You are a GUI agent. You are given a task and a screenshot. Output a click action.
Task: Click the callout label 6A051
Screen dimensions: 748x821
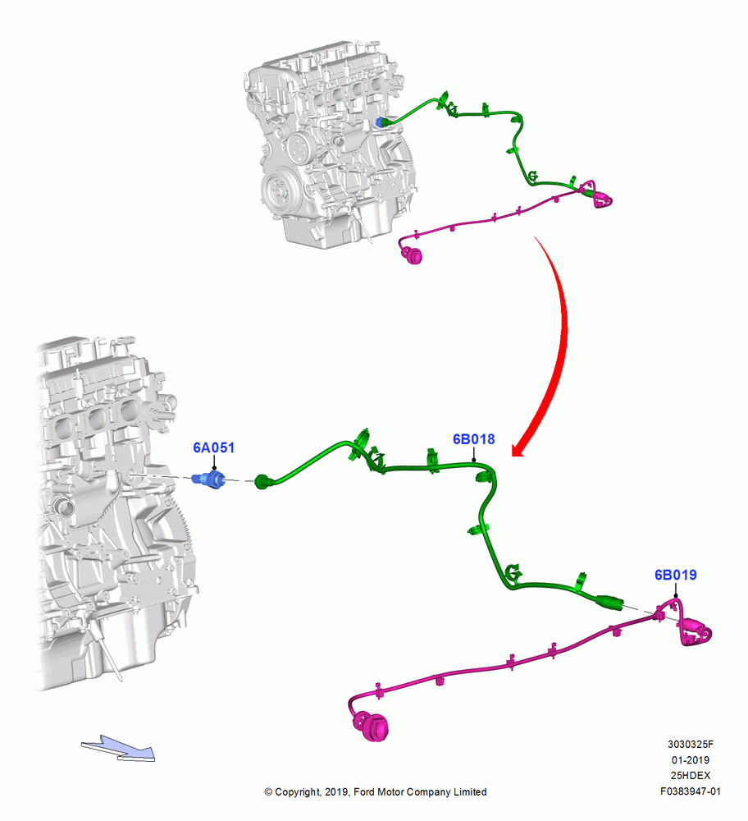pyautogui.click(x=213, y=447)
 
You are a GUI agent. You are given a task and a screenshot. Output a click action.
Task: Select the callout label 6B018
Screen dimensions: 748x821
pyautogui.click(x=473, y=439)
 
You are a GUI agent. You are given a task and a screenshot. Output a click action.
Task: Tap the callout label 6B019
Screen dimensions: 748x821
pyautogui.click(x=675, y=575)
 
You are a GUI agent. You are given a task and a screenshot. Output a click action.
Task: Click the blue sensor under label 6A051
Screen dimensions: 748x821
pyautogui.click(x=208, y=479)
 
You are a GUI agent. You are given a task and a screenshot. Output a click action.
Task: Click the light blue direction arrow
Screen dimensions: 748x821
pyautogui.click(x=118, y=748)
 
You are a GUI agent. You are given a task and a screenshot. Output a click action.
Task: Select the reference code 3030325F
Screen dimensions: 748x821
pyautogui.click(x=690, y=744)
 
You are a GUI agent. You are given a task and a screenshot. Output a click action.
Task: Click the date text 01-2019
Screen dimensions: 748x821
pyautogui.click(x=691, y=759)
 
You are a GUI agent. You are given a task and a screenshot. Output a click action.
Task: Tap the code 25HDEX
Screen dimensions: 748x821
pyautogui.click(x=691, y=776)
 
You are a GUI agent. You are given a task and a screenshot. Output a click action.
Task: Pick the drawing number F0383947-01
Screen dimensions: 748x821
pyautogui.click(x=690, y=791)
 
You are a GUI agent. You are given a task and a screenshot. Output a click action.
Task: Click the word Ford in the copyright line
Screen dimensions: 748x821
pyautogui.click(x=364, y=791)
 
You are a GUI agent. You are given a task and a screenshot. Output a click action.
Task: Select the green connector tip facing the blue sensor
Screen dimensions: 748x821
pyautogui.click(x=262, y=481)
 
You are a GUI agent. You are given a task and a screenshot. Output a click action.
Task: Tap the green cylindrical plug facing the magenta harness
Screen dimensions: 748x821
pyautogui.click(x=609, y=602)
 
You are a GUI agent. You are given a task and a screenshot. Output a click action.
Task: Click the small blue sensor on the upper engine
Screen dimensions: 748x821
pyautogui.click(x=381, y=123)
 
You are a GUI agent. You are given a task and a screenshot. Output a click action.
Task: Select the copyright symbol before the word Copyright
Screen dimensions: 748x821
pyautogui.click(x=268, y=792)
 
